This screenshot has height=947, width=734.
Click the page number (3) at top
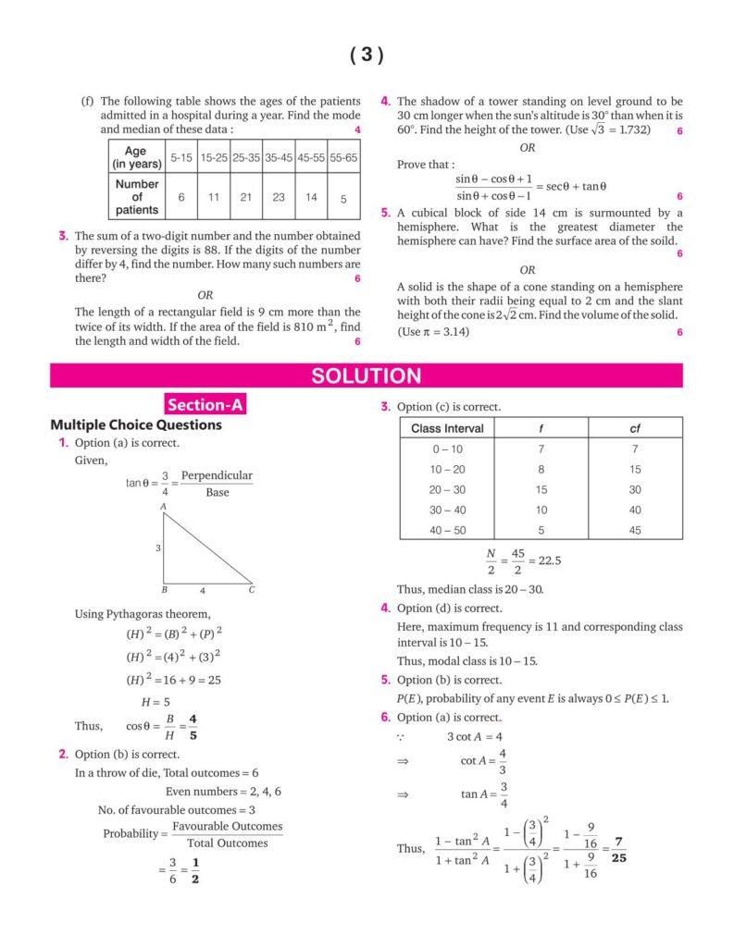click(367, 55)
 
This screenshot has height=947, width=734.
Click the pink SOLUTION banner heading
click(367, 375)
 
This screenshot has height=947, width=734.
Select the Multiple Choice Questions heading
click(136, 425)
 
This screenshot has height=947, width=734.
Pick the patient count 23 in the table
click(277, 197)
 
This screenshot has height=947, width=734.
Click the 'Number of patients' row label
click(137, 197)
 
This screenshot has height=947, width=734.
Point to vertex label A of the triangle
click(163, 507)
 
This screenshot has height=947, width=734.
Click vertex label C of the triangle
click(251, 589)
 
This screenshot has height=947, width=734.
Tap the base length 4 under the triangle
click(203, 590)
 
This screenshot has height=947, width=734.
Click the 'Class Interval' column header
click(447, 428)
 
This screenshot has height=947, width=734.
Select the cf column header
click(635, 428)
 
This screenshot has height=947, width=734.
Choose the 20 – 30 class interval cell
click(447, 489)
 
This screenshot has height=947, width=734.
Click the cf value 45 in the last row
click(635, 530)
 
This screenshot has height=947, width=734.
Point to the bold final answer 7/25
click(618, 849)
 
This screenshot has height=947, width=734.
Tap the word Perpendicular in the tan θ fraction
click(217, 476)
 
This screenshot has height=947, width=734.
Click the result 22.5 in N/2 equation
click(552, 560)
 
